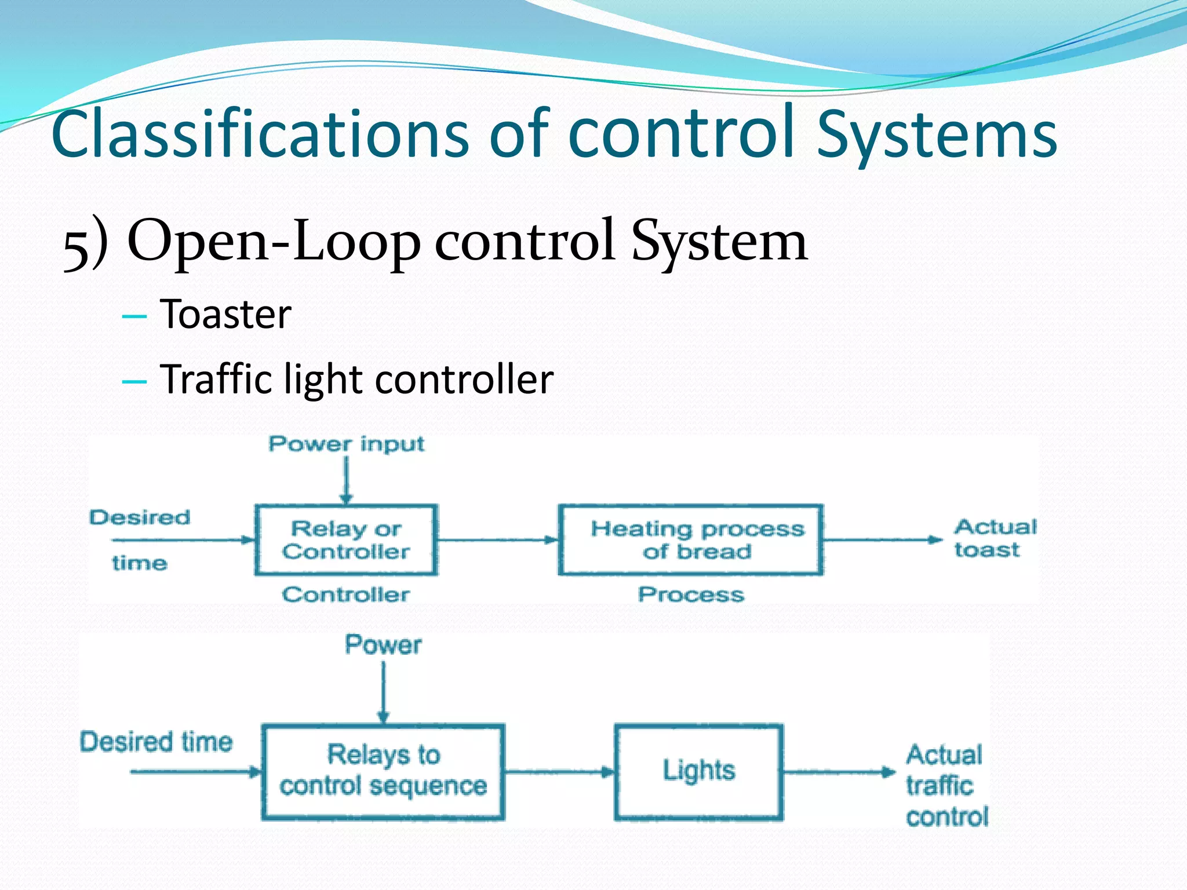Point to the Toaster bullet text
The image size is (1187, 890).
point(225,315)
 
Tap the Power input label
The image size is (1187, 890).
point(346,444)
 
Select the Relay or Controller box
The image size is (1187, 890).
point(346,540)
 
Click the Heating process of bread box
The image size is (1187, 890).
point(690,540)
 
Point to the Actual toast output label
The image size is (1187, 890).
point(995,538)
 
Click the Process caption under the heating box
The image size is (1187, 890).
point(691,594)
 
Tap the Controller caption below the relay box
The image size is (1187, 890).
point(346,594)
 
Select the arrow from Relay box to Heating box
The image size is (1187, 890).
point(497,540)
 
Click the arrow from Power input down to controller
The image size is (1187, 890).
point(346,480)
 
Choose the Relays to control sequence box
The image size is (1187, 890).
point(383,772)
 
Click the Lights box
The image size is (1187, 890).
point(698,772)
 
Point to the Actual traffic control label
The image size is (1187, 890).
point(946,786)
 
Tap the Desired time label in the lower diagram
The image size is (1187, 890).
point(156,742)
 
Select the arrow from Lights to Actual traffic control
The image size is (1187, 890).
point(839,772)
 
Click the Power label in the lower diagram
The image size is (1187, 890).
point(383,645)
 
